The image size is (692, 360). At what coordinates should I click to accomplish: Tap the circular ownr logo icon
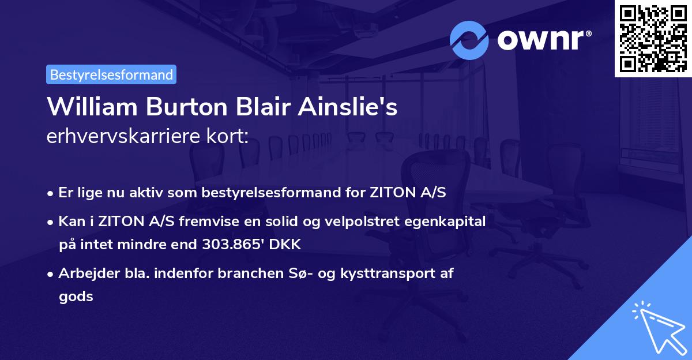(469, 40)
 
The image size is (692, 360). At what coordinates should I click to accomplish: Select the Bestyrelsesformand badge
(111, 74)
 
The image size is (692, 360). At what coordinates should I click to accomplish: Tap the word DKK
(282, 245)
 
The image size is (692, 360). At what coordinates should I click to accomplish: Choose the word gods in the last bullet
(76, 297)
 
